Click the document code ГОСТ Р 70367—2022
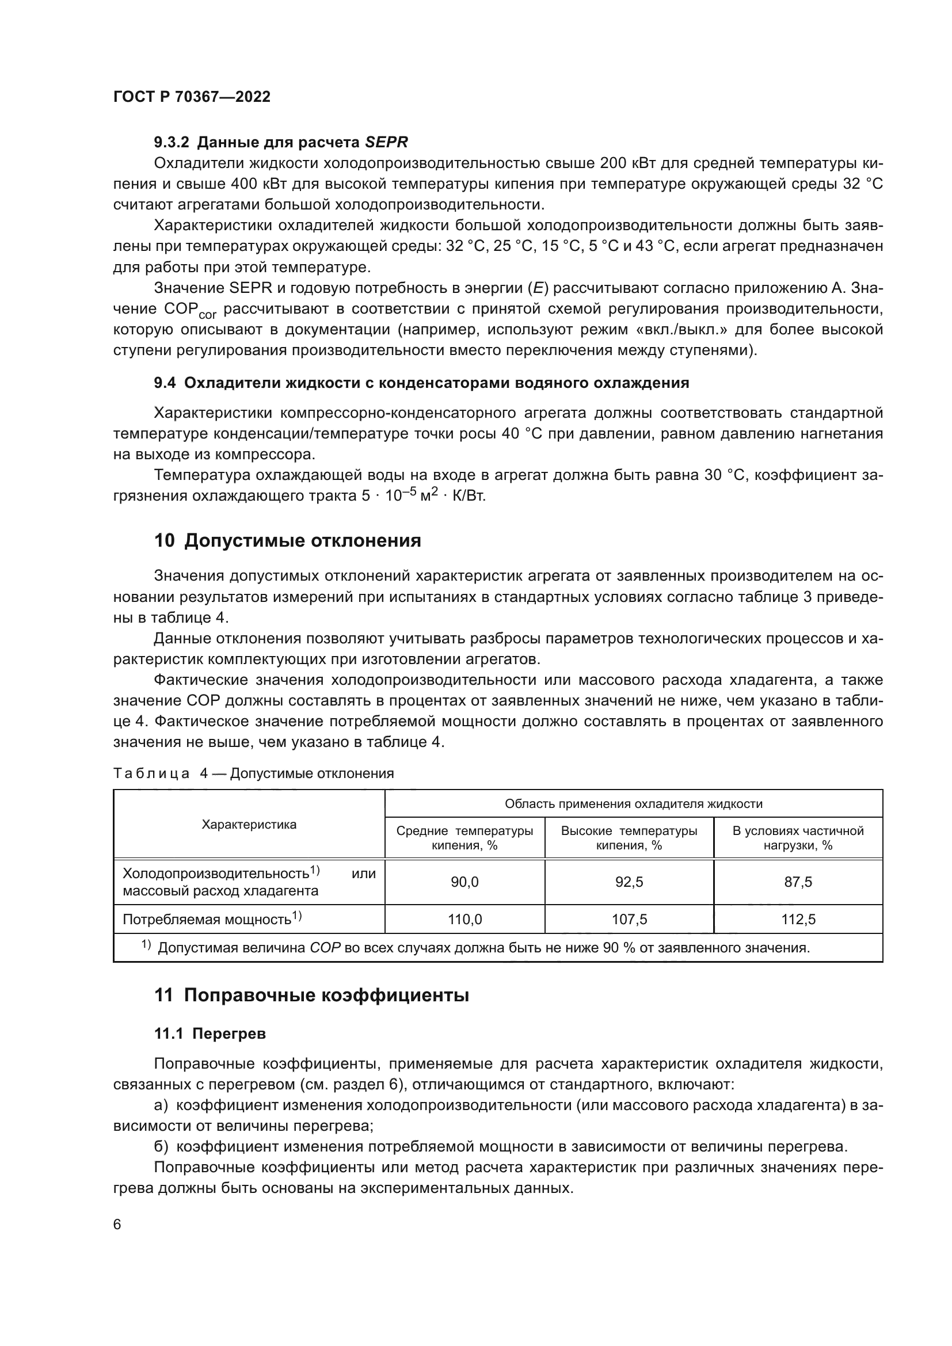192,97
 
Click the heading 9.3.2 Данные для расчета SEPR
281,142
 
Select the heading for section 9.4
421,383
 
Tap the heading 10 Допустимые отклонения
287,540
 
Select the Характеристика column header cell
249,824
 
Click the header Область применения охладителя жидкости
634,804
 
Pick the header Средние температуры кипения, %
464,838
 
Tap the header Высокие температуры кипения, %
629,838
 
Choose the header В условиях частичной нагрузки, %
798,838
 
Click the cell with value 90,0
464,882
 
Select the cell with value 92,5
629,882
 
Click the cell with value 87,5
798,882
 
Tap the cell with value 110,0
464,919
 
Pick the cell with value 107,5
629,919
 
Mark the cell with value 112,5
798,919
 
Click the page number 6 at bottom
117,1224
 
